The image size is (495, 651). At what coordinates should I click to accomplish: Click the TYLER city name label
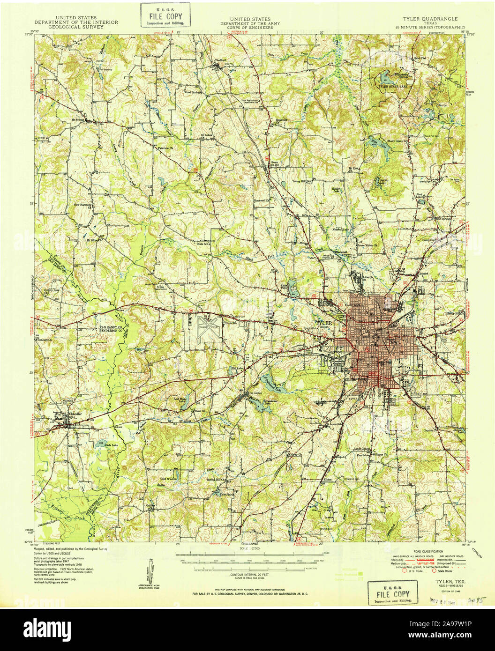tap(323, 323)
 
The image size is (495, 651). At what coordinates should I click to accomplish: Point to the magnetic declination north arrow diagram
tap(152, 571)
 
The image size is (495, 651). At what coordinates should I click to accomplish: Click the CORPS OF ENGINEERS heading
tap(247, 28)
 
